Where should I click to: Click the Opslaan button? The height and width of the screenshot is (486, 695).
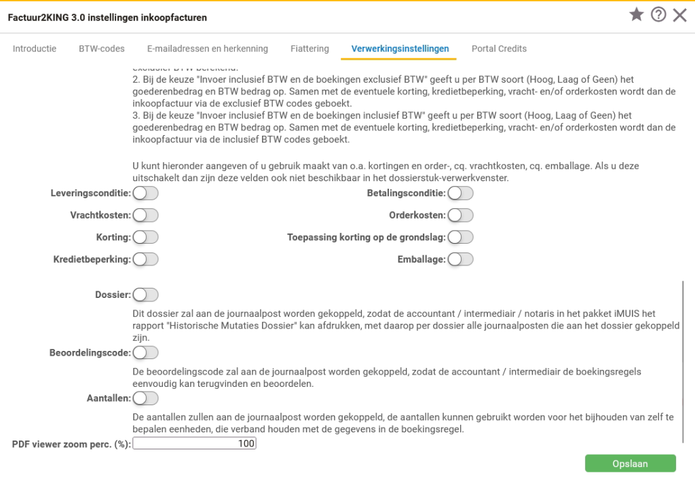coord(630,464)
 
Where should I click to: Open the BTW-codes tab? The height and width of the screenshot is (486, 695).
coord(102,49)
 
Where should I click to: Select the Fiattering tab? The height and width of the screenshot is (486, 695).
coord(309,49)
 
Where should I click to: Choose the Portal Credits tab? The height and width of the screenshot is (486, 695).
coord(499,49)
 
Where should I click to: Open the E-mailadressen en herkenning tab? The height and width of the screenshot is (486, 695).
coord(207,49)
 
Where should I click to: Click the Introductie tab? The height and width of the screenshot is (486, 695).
coord(35,49)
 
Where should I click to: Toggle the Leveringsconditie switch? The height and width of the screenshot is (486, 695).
coord(145,193)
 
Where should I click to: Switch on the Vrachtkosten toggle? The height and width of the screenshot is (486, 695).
coord(145,215)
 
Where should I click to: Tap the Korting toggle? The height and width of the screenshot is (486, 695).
coord(145,237)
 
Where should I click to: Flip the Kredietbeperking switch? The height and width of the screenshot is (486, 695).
coord(145,259)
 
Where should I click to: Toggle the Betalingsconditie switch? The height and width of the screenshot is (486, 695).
coord(460,193)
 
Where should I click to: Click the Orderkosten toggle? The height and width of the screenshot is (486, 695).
coord(460,215)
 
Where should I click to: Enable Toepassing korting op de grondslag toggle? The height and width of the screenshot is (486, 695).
coord(460,237)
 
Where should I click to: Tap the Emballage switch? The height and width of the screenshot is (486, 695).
coord(460,259)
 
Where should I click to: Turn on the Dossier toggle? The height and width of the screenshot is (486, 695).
coord(145,295)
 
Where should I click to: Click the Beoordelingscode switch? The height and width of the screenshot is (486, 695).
coord(145,352)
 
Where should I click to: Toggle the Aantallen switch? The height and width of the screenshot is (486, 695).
coord(145,398)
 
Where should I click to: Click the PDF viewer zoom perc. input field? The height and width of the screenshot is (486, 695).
coord(195,444)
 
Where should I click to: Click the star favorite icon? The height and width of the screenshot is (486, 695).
coord(636,15)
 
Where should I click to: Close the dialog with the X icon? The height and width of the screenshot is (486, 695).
coord(679,15)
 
